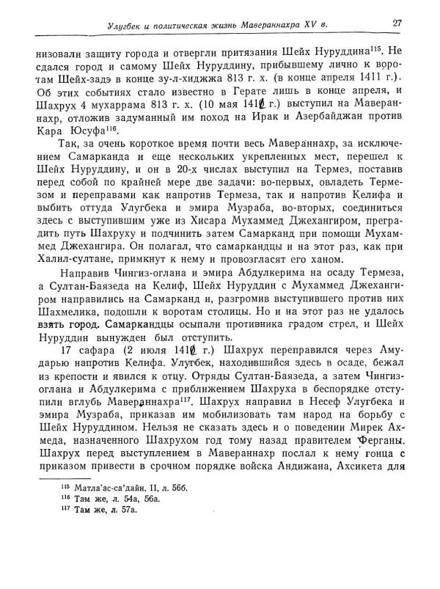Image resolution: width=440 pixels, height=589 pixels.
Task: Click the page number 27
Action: [397, 23]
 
